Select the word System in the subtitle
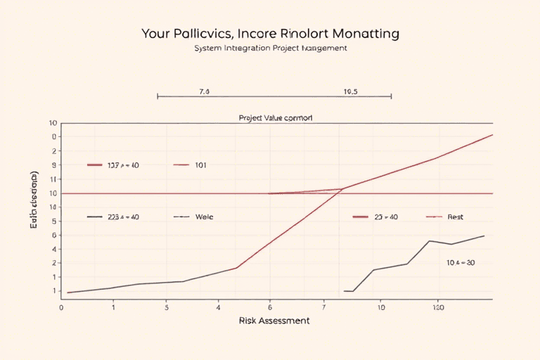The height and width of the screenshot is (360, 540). (207, 49)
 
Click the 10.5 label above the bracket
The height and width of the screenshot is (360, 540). (351, 91)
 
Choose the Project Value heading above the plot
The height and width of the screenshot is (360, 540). (276, 118)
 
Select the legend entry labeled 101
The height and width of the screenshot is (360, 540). (200, 165)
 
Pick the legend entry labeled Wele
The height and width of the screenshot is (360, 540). (204, 217)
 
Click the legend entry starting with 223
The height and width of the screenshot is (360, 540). (123, 217)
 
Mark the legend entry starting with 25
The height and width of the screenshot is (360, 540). (385, 217)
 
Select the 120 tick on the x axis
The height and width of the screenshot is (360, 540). (437, 307)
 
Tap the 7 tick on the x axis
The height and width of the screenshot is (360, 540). (324, 307)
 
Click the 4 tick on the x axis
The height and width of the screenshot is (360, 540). (219, 307)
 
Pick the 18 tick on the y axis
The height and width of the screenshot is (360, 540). (53, 207)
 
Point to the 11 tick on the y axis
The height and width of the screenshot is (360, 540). (53, 179)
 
